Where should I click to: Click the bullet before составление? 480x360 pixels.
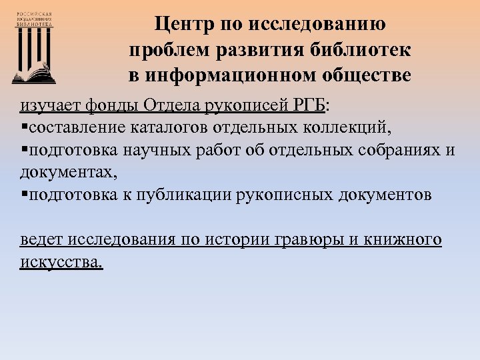[x=23, y=127]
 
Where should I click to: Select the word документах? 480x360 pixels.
[x=67, y=172]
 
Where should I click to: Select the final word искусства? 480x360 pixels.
[x=61, y=262]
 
